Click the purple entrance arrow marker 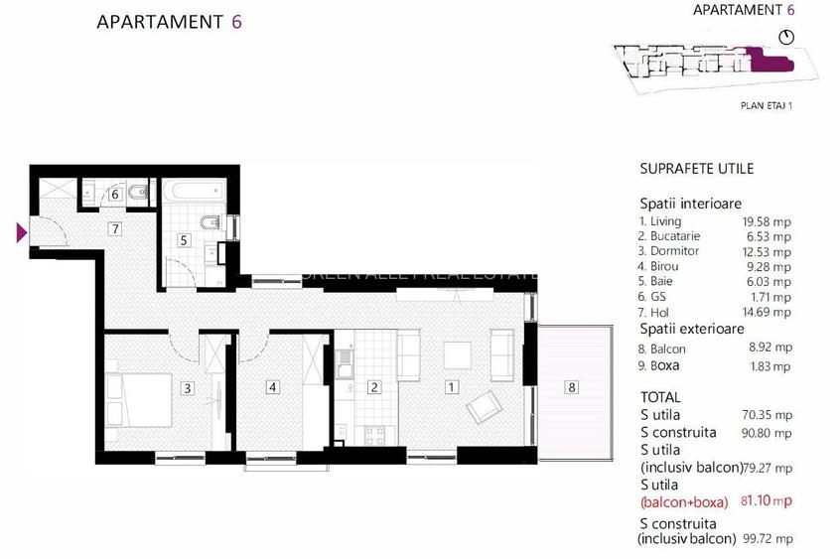pos(20,233)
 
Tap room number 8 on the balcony pos(571,387)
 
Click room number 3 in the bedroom pos(187,387)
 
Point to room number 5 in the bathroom pos(184,239)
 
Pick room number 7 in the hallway pos(115,229)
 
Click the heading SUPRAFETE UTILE pos(696,169)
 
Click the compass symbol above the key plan pos(788,38)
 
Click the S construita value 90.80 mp pos(770,433)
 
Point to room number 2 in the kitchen pos(374,387)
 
